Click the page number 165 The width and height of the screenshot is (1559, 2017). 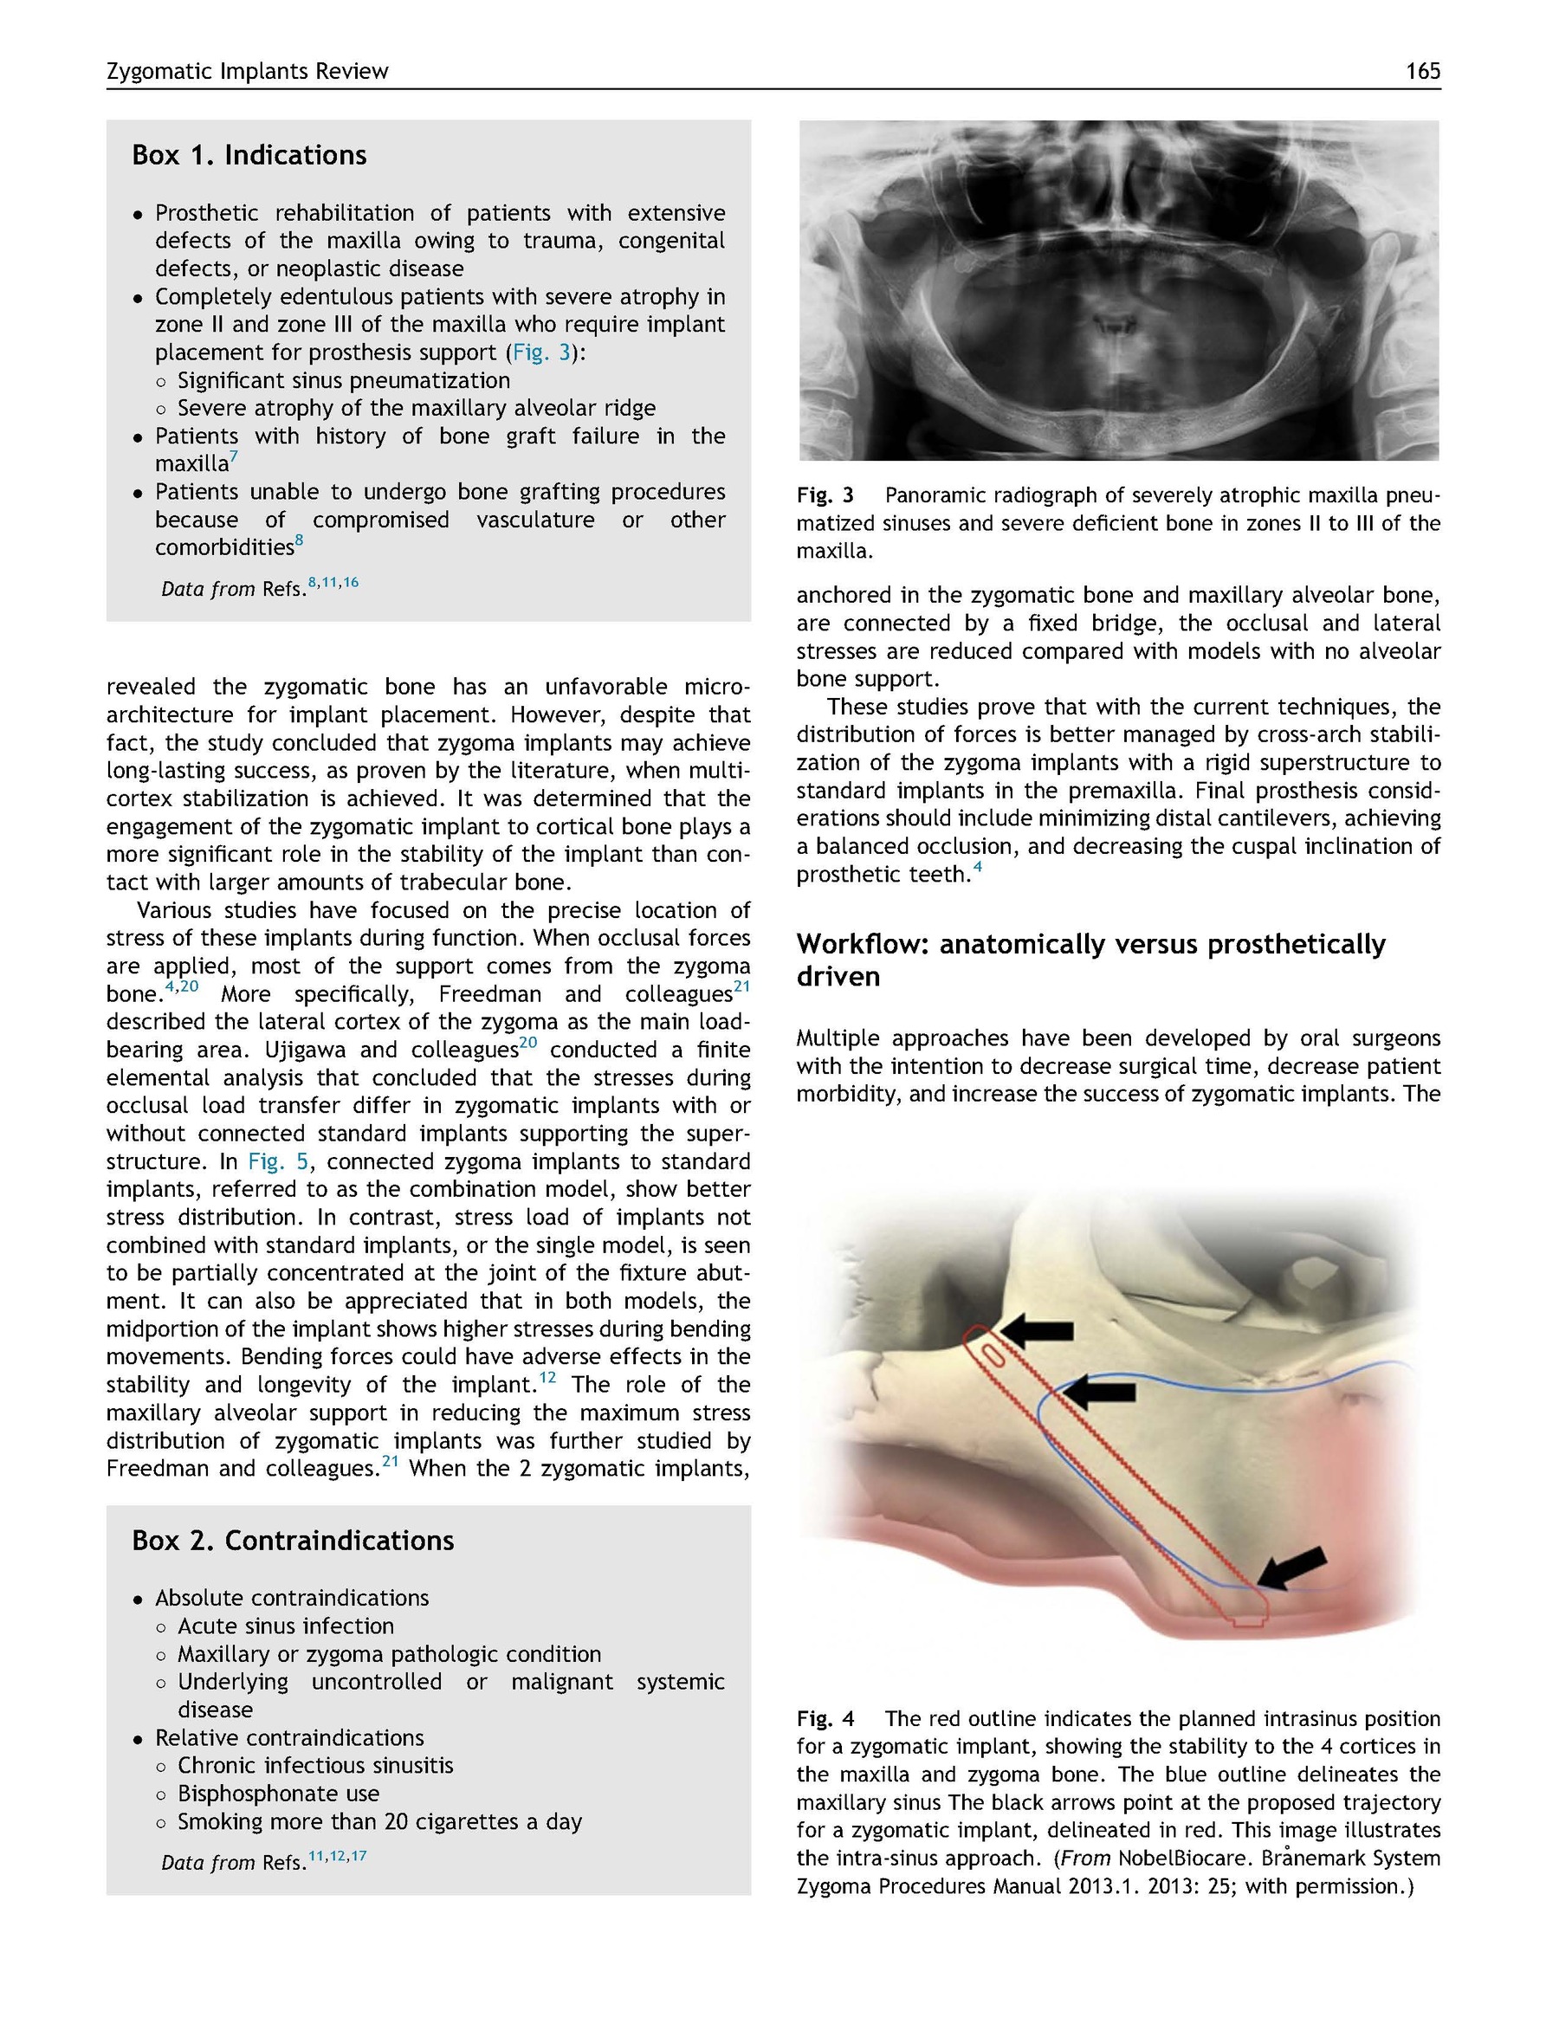click(1422, 71)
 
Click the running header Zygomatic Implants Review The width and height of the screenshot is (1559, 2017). click(248, 71)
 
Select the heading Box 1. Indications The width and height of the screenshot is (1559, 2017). click(249, 154)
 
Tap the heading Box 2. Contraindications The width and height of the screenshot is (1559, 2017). click(293, 1541)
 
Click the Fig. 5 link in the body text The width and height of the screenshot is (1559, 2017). click(278, 1160)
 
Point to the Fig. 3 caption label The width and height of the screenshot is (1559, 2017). click(825, 496)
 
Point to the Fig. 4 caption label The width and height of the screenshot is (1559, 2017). click(825, 1719)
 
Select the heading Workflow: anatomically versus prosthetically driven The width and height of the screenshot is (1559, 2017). click(1090, 960)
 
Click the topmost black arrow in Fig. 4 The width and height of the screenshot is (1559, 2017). click(1038, 1331)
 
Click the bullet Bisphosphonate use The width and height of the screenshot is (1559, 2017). click(278, 1794)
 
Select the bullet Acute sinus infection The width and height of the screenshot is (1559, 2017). click(286, 1626)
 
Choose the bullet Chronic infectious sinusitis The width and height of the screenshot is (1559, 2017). click(315, 1766)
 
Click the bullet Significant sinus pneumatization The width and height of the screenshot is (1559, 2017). click(344, 380)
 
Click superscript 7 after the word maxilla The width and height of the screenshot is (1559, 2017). click(235, 456)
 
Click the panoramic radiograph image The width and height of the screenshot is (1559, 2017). click(1118, 290)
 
